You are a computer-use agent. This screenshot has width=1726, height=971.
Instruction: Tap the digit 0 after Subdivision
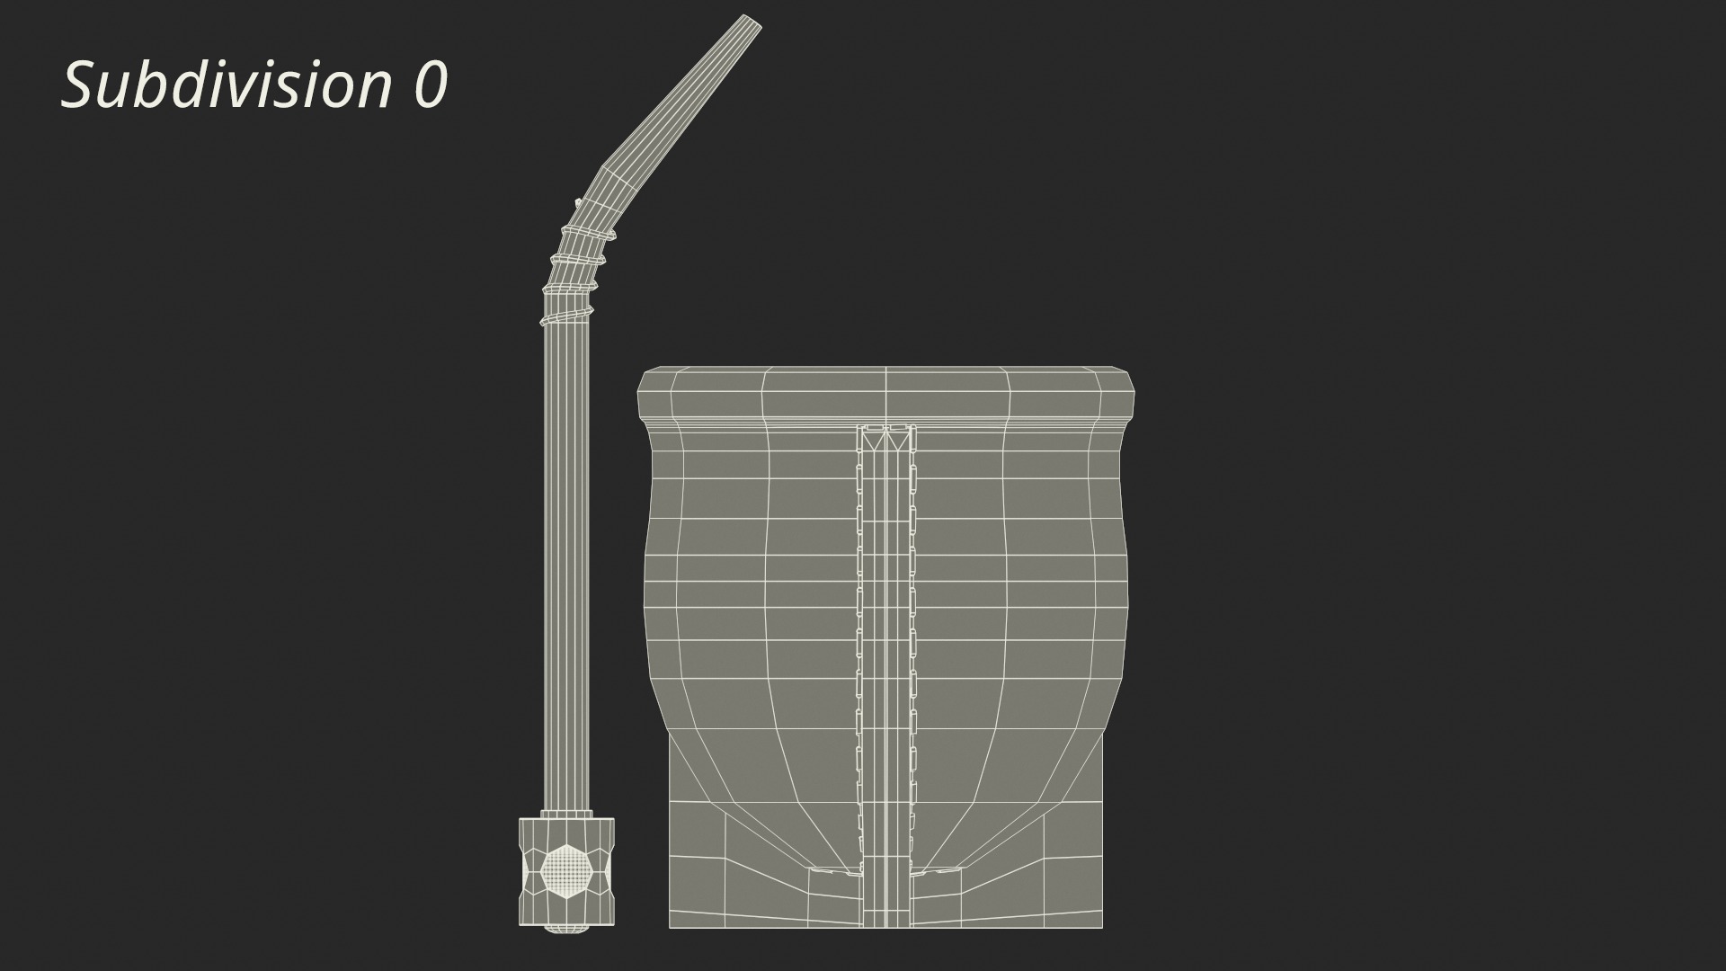(431, 86)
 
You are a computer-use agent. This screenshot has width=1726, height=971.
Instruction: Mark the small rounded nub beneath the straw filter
(567, 929)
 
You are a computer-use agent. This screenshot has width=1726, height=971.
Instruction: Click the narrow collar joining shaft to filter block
(567, 813)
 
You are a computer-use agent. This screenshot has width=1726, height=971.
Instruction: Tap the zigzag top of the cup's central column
(886, 438)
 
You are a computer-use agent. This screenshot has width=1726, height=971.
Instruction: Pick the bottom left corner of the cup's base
(671, 926)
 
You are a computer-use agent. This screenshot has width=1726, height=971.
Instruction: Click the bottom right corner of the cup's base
(1101, 926)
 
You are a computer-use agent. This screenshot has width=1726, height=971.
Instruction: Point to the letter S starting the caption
(79, 85)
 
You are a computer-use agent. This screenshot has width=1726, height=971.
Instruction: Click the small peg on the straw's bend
(576, 201)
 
